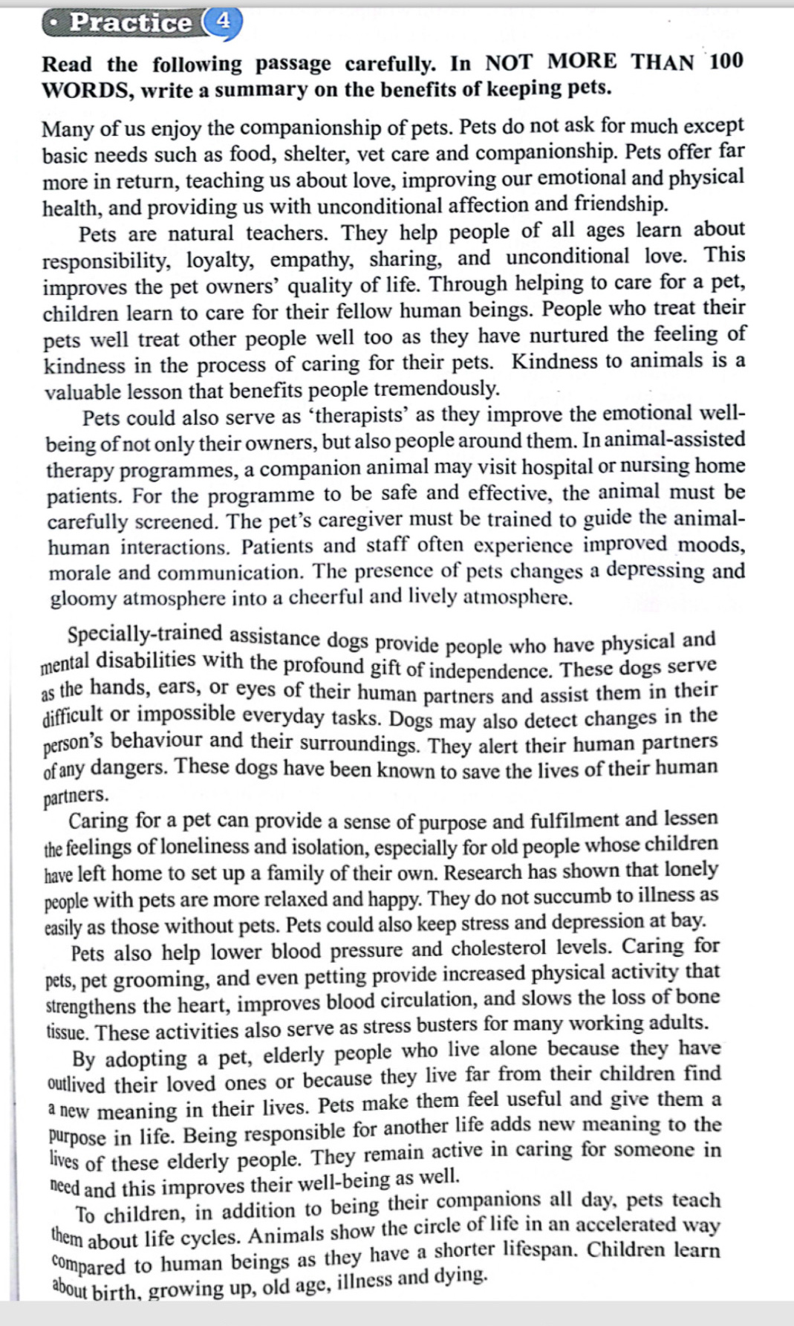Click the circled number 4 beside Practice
222,20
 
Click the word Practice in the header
130,22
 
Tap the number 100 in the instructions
725,60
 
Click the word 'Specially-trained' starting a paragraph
145,634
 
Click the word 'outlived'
77,1085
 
